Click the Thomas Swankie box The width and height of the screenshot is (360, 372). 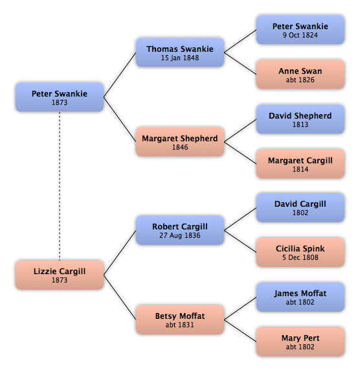pos(180,52)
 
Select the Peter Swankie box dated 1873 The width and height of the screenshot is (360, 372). pos(60,97)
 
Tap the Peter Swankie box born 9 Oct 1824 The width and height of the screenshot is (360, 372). pos(300,30)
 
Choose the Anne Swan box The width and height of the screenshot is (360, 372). pos(300,75)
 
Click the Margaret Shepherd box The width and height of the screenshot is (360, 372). pos(180,142)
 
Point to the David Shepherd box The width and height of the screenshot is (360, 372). pos(300,119)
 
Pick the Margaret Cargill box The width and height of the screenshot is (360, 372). pos(300,164)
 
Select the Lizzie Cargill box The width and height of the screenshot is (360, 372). pos(60,275)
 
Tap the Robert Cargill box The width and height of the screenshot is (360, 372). pos(180,230)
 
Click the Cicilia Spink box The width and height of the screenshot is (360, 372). pos(300,252)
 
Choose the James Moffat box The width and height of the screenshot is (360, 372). pos(300,297)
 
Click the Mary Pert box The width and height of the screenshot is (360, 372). pos(300,342)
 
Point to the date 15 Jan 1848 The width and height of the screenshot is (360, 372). pos(180,58)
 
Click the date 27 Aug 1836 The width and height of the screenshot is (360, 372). pos(180,236)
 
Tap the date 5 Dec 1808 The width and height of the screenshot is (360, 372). pos(300,257)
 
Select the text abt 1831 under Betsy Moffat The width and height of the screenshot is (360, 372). pos(180,325)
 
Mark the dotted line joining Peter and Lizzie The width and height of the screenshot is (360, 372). pos(60,186)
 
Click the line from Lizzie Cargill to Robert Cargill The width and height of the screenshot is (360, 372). pos(120,253)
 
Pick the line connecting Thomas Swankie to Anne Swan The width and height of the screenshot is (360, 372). pos(240,64)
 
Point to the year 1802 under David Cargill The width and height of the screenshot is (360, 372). pos(300,213)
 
